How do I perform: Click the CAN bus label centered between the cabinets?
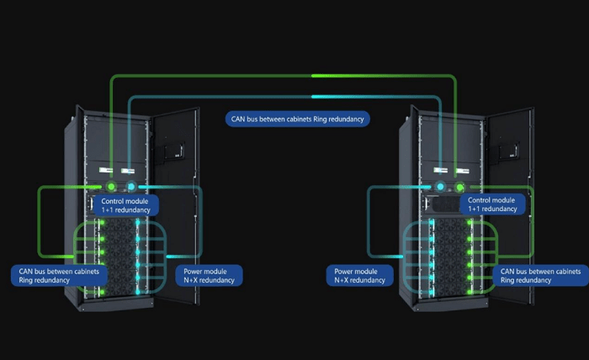click(298, 119)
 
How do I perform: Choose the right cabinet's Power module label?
click(359, 275)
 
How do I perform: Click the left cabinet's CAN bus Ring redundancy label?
click(59, 275)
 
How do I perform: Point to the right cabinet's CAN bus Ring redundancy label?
click(539, 275)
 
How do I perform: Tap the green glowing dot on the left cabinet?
click(109, 187)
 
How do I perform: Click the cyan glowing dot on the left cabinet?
click(131, 187)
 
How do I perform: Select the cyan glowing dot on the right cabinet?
click(439, 187)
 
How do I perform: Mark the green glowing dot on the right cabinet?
click(460, 187)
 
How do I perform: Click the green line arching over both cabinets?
click(286, 76)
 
